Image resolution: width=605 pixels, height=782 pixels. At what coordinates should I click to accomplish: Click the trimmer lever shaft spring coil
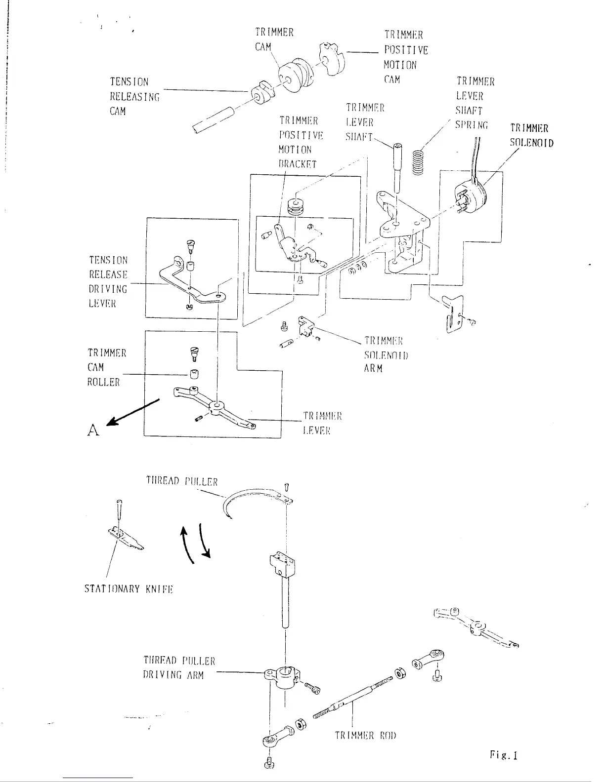point(419,162)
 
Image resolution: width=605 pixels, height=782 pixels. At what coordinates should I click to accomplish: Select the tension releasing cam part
point(262,93)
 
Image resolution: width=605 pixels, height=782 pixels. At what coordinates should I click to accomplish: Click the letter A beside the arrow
point(93,430)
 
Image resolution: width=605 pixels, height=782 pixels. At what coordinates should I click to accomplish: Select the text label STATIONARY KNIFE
point(128,589)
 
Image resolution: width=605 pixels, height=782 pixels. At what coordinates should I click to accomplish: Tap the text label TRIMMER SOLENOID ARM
point(384,354)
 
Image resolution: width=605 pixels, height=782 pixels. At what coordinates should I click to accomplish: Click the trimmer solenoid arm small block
point(306,326)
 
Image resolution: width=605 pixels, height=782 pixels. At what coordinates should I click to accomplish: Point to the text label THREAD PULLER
point(182,481)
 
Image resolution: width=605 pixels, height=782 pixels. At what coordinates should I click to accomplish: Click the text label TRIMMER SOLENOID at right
point(531,136)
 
